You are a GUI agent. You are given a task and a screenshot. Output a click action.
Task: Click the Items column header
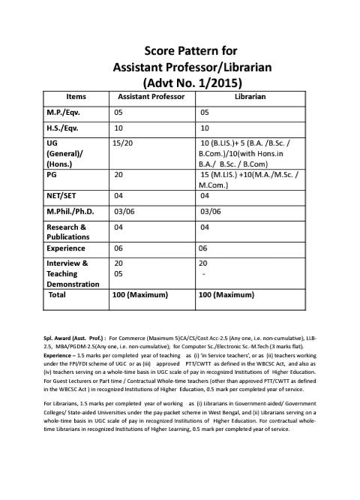(76, 96)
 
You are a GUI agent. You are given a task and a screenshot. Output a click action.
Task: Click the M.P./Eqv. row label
(64, 112)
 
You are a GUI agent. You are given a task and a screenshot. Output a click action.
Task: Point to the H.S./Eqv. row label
(64, 128)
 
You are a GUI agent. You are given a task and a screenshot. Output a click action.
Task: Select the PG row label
(52, 173)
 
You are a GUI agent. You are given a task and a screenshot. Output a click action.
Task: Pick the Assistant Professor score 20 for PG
(118, 173)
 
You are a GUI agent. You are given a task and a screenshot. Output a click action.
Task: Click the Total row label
(57, 295)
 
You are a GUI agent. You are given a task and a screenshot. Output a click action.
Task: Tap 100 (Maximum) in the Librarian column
(229, 296)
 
